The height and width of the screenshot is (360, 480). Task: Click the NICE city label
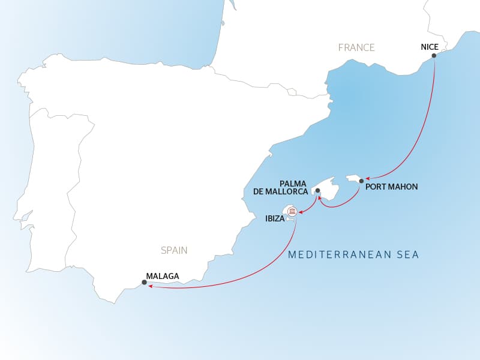coord(430,47)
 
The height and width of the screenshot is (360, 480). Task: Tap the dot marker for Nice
coord(434,56)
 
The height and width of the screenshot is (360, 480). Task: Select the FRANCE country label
coord(356,47)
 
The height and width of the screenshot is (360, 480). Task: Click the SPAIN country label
coord(174,250)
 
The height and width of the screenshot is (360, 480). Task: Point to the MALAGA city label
coord(163,276)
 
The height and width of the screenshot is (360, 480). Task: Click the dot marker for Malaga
coord(144,282)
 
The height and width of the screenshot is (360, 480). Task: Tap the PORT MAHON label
coord(391,187)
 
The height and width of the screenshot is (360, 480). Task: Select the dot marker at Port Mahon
coord(361,181)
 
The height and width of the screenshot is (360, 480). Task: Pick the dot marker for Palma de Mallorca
coord(317,191)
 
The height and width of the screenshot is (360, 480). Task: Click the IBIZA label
coord(275,220)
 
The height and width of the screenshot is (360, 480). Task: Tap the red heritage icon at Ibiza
coord(292,211)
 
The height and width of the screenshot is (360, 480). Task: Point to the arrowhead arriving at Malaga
coord(150,286)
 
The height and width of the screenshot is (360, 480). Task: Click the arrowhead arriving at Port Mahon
coord(367,178)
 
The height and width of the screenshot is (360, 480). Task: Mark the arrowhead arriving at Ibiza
coord(300,211)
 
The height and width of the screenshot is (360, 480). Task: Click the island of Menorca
coord(353,178)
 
